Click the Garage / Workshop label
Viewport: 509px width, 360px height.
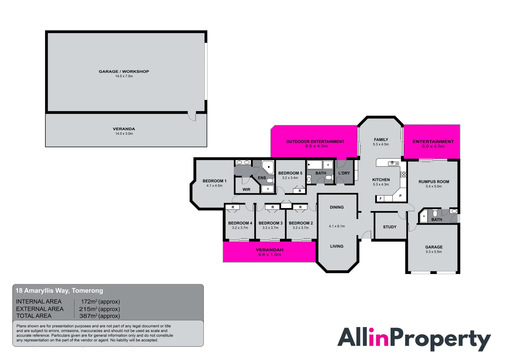(124, 71)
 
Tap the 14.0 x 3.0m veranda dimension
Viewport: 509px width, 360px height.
(124, 134)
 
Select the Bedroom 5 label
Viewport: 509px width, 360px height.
(290, 173)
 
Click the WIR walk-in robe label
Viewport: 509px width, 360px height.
(246, 189)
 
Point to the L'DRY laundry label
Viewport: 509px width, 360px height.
(344, 173)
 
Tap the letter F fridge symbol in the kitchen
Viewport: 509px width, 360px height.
(381, 199)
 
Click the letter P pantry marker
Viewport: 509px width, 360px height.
(400, 196)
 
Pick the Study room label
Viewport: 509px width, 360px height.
(390, 227)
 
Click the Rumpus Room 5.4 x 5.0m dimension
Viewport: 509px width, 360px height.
(434, 186)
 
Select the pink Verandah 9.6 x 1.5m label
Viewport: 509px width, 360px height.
(270, 252)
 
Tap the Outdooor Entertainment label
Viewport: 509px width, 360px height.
(315, 142)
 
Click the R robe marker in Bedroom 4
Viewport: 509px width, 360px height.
(233, 207)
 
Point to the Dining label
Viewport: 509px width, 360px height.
(337, 207)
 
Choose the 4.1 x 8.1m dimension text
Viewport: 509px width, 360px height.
(337, 226)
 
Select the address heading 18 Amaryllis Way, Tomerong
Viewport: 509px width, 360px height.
(59, 290)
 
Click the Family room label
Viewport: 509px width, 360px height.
(381, 140)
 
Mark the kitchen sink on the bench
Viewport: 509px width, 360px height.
(393, 163)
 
